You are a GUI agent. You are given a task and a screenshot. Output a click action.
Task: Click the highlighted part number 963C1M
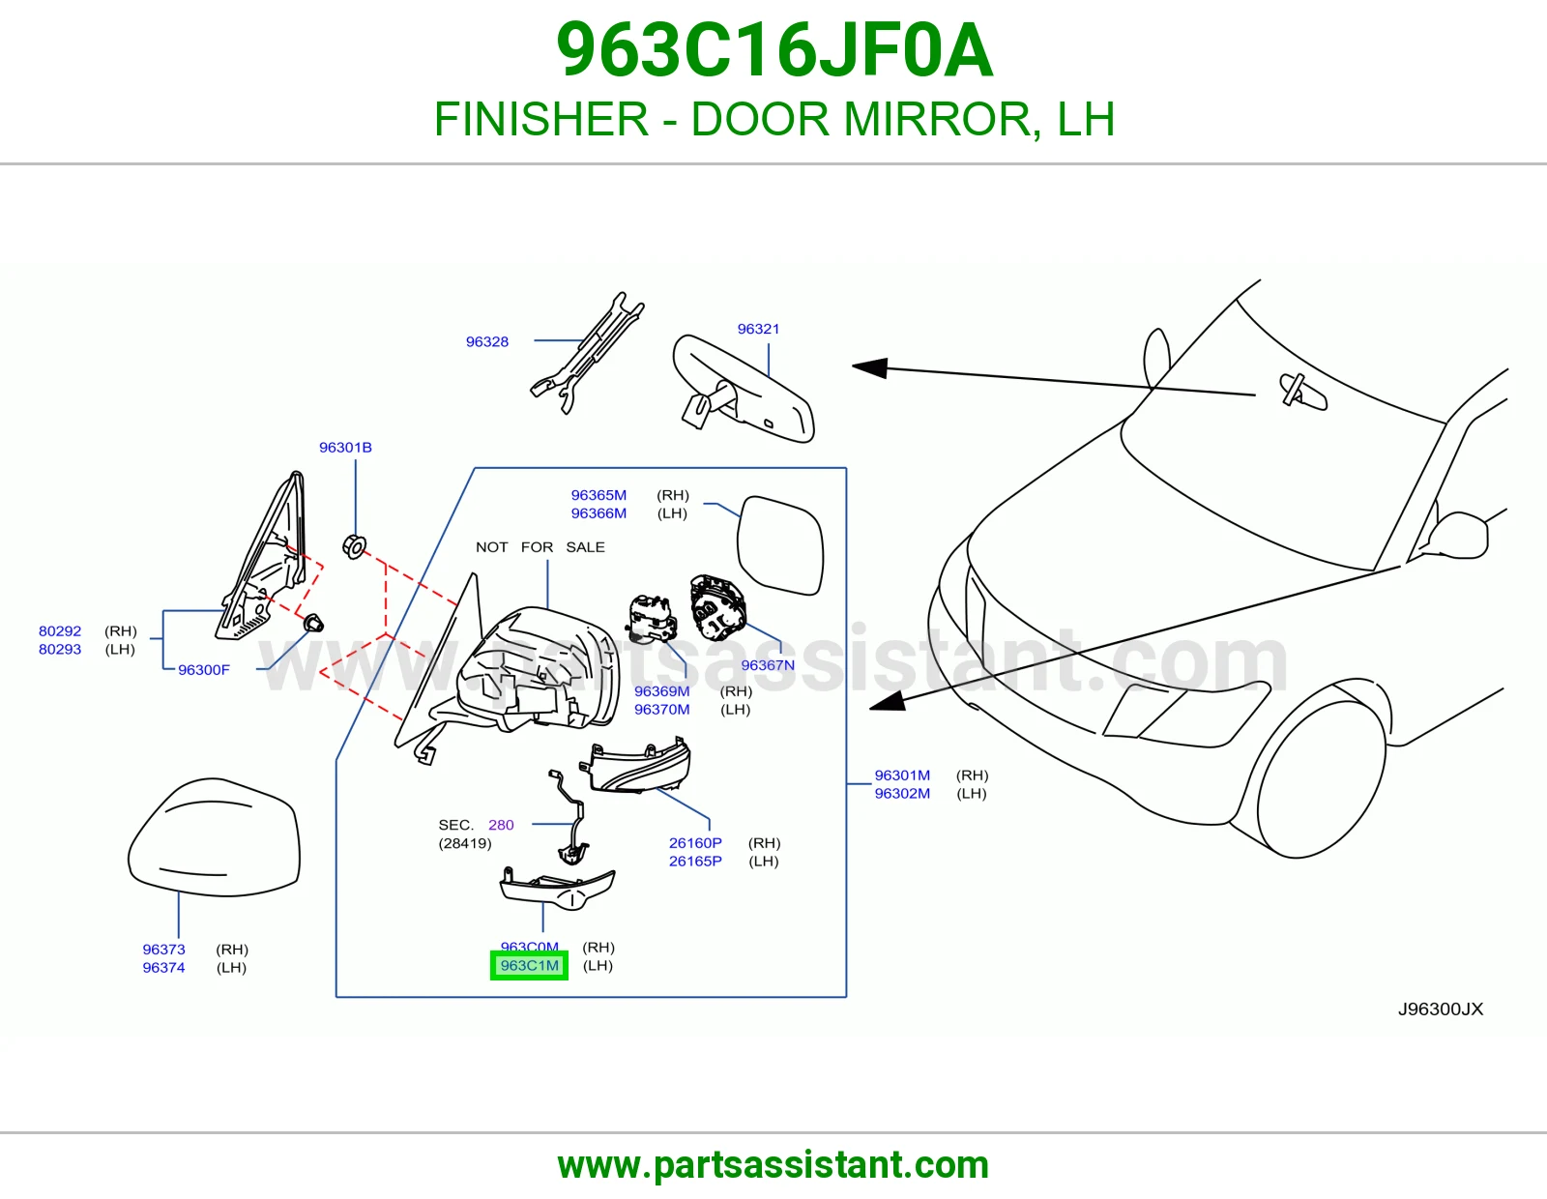coord(529,965)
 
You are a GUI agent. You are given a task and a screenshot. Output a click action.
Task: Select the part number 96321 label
coord(758,329)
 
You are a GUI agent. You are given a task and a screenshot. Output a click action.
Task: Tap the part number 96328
coord(487,341)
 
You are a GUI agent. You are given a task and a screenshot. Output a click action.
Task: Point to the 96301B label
coord(345,447)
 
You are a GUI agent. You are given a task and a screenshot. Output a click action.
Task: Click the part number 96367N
coord(768,665)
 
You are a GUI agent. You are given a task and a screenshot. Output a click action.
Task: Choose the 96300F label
coord(204,670)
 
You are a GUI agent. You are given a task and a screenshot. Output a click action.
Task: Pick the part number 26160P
coord(695,843)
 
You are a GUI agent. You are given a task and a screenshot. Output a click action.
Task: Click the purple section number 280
coord(501,825)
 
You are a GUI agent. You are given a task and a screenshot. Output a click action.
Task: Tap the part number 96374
coord(163,968)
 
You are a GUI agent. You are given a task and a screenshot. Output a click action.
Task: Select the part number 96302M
coord(902,793)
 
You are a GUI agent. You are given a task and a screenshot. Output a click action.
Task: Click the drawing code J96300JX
coord(1441,1009)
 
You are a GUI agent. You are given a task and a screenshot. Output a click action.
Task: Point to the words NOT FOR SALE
coord(540,547)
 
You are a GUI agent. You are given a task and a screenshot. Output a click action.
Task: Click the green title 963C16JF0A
coord(773,50)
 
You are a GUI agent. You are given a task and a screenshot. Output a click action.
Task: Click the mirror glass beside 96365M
coord(780,545)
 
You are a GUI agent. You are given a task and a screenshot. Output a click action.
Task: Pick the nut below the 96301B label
coord(355,547)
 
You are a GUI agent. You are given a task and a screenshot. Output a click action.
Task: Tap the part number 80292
coord(60,630)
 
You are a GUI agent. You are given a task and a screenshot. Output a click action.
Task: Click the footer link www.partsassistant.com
coord(773,1165)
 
